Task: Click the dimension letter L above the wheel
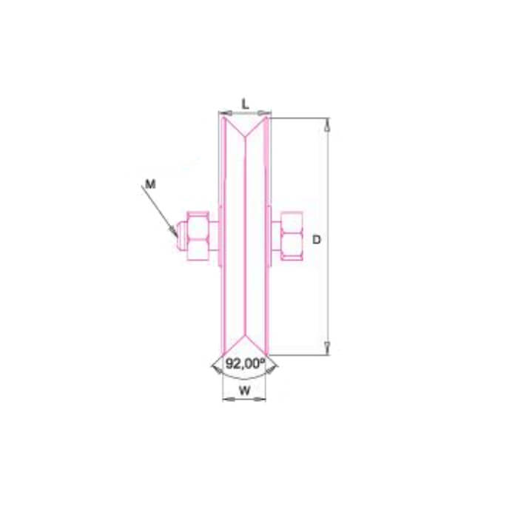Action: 245,104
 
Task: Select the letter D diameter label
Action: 317,240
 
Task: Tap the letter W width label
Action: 244,391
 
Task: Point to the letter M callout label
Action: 150,184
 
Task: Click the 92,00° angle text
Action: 246,363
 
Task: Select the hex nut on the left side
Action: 198,236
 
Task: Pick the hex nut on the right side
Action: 292,236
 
